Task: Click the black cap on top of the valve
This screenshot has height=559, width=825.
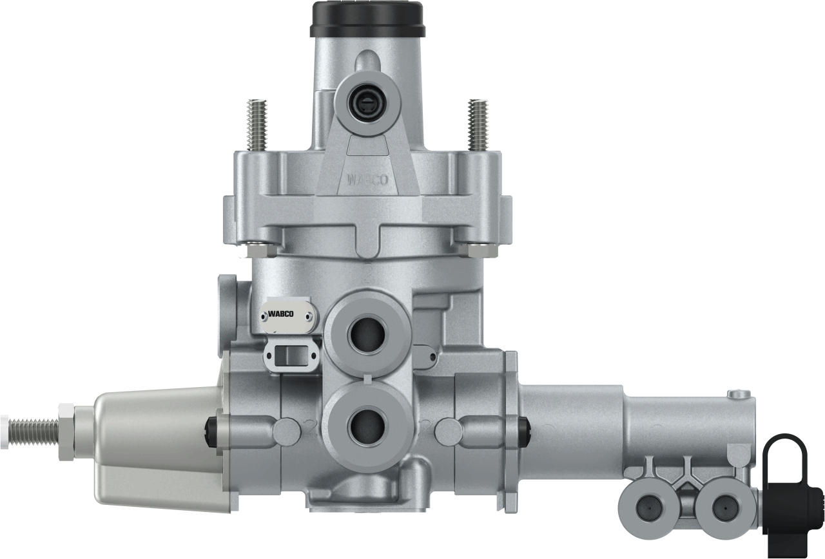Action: click(x=368, y=19)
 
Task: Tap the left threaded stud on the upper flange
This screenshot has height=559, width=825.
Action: click(x=257, y=125)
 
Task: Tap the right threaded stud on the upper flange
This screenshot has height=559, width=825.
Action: click(x=478, y=125)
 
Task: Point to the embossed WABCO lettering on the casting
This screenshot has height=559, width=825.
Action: click(x=368, y=180)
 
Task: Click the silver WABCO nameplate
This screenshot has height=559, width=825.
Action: click(x=286, y=316)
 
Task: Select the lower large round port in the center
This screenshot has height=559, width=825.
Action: click(x=368, y=427)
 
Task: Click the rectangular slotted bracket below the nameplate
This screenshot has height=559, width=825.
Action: click(x=291, y=356)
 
